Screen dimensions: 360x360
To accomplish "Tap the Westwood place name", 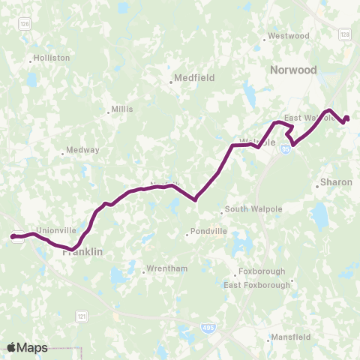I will (x=289, y=35).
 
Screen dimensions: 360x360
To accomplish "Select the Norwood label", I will (x=293, y=70).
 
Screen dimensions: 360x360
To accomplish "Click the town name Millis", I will (x=121, y=109).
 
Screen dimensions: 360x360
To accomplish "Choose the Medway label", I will (x=82, y=150).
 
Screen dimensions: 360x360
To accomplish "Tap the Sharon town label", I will (x=331, y=182).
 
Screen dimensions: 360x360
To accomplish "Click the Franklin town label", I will (x=82, y=253).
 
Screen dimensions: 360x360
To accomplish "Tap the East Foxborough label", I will (x=257, y=285).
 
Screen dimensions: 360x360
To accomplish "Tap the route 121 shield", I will (x=80, y=317).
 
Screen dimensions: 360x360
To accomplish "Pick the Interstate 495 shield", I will (x=208, y=327).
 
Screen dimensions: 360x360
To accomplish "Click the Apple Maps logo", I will (x=27, y=347).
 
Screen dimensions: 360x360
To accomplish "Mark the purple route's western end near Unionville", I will (x=13, y=236).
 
